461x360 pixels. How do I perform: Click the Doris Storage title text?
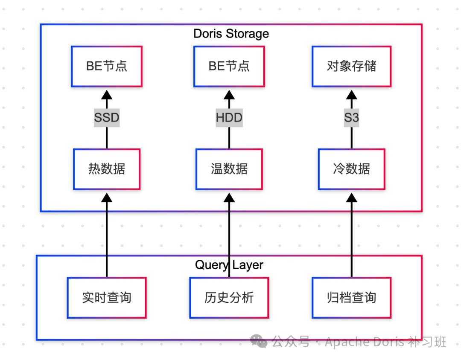(x=231, y=34)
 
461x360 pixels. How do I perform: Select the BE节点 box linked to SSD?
(x=107, y=67)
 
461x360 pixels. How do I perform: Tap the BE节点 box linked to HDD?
(x=229, y=67)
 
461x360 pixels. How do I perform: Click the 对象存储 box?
(x=351, y=67)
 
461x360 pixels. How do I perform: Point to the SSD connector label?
(x=107, y=118)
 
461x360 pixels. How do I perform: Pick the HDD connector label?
(x=229, y=118)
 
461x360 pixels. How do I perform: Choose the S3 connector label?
(x=351, y=118)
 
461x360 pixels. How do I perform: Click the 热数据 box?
(x=107, y=169)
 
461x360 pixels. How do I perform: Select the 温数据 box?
(x=229, y=169)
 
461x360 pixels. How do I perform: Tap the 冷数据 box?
(x=351, y=169)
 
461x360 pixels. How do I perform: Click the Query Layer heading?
(x=229, y=265)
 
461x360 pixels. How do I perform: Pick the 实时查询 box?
(x=107, y=298)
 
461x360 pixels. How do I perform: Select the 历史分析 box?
(x=229, y=298)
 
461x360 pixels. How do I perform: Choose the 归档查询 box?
(x=351, y=298)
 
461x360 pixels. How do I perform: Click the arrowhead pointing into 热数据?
(x=107, y=197)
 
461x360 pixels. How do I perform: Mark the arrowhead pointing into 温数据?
(x=229, y=197)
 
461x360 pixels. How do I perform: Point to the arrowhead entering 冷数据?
(x=351, y=197)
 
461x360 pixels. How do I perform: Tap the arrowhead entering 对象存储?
(x=351, y=94)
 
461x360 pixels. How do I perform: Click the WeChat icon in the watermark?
(x=259, y=341)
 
